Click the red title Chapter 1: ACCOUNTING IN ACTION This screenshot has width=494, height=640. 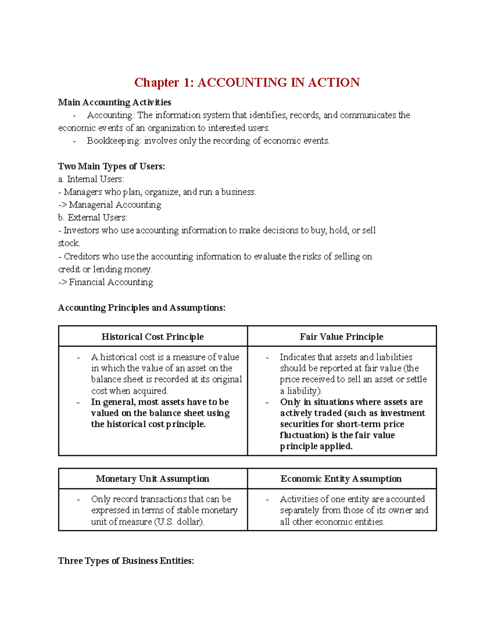pos(247,82)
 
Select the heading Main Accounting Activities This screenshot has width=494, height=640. pos(114,102)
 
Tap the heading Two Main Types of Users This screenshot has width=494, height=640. pos(111,166)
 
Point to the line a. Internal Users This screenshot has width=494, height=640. pos(91,179)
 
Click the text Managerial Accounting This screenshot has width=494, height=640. pos(115,205)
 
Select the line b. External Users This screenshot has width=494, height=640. pos(93,218)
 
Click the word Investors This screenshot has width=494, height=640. pos(81,230)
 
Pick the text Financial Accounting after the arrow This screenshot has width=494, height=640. pos(111,282)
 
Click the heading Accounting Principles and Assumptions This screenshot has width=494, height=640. pos(142,308)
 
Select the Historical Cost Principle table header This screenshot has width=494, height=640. pos(153,337)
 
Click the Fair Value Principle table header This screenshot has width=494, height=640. pos(341,337)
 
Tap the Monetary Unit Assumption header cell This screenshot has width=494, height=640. pos(153,478)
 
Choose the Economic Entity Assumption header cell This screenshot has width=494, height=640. pos(341,478)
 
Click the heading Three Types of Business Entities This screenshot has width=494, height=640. pos(126,561)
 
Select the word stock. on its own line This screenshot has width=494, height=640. pos(69,243)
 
